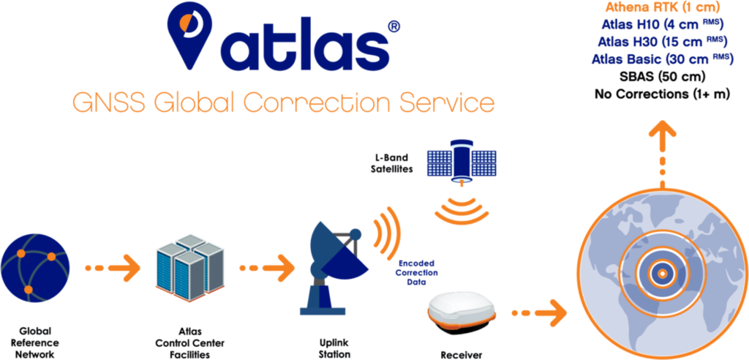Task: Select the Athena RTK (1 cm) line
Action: [x=663, y=9]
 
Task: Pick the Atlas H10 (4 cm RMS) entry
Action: [x=662, y=25]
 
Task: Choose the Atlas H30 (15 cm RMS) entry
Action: [x=662, y=41]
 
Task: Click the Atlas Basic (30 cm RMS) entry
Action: [x=662, y=59]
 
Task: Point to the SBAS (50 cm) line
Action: [x=662, y=76]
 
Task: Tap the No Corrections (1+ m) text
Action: [x=662, y=94]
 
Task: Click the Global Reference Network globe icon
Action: [x=35, y=265]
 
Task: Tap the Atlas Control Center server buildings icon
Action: [x=189, y=267]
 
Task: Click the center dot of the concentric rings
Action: [x=661, y=274]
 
